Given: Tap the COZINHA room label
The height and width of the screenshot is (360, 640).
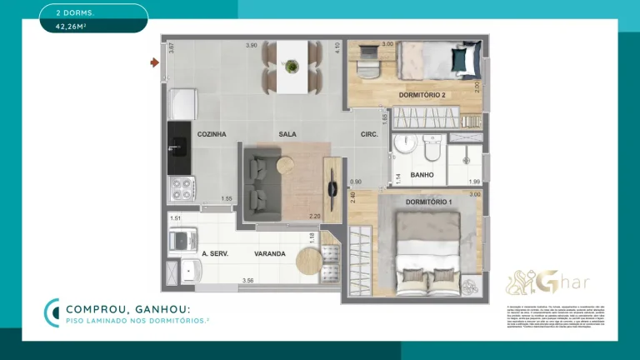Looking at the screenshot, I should (x=212, y=134).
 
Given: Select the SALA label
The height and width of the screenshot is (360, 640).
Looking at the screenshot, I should (x=288, y=134).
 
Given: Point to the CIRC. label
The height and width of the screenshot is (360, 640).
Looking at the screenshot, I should (x=369, y=134).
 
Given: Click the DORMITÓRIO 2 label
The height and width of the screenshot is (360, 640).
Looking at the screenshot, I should (x=422, y=95).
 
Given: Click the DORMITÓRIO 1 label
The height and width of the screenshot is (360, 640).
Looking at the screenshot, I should (x=429, y=202).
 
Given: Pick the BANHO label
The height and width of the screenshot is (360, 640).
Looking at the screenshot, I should (x=422, y=175).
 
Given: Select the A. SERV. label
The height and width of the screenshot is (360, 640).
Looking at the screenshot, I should (x=215, y=253).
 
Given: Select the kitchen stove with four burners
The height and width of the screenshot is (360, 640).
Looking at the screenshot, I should (x=181, y=190).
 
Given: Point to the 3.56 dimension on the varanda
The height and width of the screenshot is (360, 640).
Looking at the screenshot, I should (x=247, y=281).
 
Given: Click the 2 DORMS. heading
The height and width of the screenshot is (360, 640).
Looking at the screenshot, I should (x=75, y=12).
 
